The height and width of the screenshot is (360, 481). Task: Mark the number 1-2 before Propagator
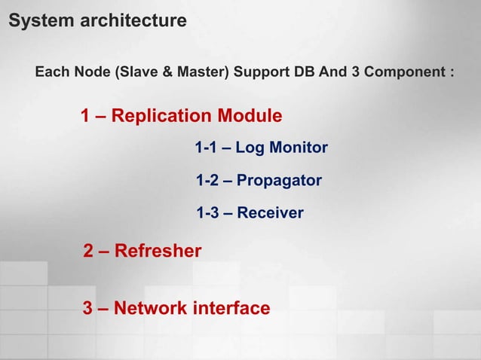click(x=207, y=181)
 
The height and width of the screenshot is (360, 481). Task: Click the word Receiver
click(x=270, y=214)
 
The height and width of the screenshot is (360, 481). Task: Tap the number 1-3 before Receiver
click(x=207, y=214)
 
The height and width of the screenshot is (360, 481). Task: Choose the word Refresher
click(x=158, y=251)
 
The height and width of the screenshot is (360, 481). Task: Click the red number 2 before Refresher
click(x=87, y=251)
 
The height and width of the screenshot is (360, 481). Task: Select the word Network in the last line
click(x=152, y=308)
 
